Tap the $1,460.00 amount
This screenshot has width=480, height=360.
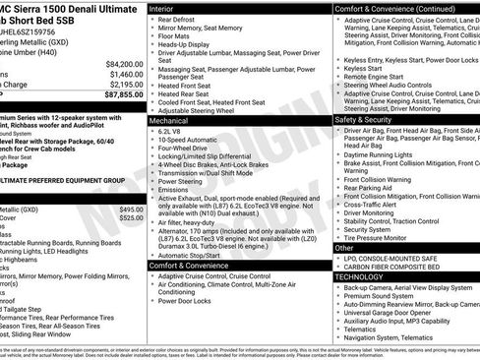tap(126, 74)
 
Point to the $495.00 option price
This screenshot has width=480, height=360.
tap(131, 210)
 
